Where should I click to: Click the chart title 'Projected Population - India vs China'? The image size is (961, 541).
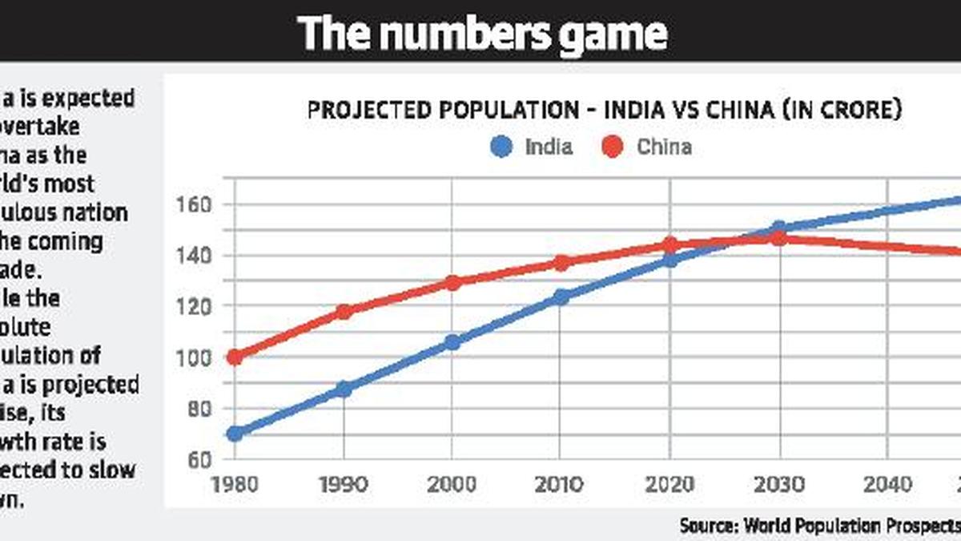(x=605, y=110)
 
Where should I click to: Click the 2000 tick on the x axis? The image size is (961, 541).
(x=452, y=484)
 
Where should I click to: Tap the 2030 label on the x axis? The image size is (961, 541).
(x=778, y=484)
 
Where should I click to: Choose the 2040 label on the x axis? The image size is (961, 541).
(x=887, y=484)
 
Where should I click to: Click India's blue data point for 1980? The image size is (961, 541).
(x=235, y=434)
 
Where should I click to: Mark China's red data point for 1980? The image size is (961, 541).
(x=235, y=357)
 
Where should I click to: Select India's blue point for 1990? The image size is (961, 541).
(x=344, y=390)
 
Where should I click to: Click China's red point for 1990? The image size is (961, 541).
(x=344, y=312)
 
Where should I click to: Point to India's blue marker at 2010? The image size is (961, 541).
(x=561, y=297)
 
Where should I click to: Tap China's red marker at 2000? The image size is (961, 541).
(x=452, y=283)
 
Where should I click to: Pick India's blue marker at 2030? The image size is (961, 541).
(x=778, y=228)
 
